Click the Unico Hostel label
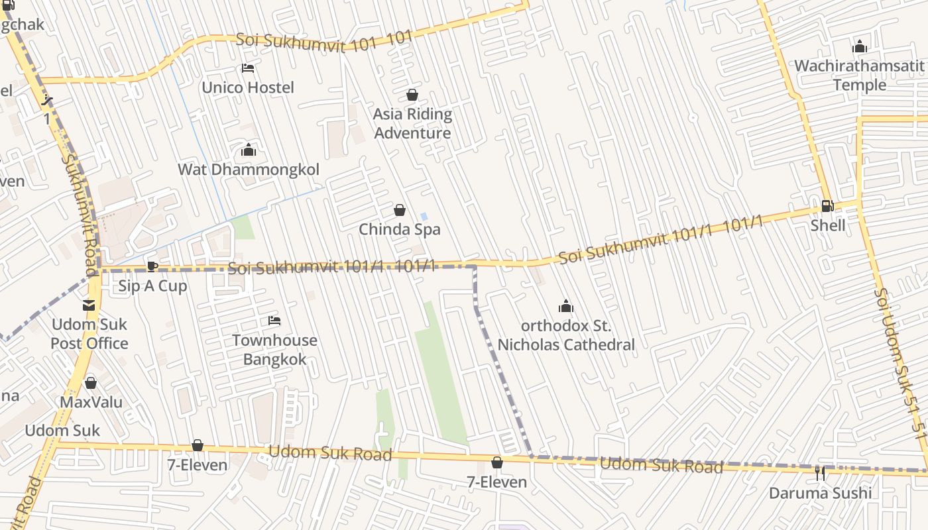[x=248, y=87]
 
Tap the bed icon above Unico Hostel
[x=248, y=68]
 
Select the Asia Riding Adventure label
[x=412, y=123]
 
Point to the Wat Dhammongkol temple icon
[x=249, y=150]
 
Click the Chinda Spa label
[x=400, y=229]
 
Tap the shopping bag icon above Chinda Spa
[x=400, y=211]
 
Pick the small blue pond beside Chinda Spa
[x=424, y=217]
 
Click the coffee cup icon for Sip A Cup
[x=152, y=267]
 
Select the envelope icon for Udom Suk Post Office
[x=89, y=305]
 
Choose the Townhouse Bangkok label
[x=274, y=350]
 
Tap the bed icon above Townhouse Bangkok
[x=274, y=321]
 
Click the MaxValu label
[x=91, y=402]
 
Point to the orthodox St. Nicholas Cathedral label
[x=566, y=335]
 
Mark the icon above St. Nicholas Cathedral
[x=565, y=306]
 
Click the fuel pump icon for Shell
[x=827, y=206]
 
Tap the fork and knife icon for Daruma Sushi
[x=820, y=474]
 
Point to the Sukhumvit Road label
[x=81, y=212]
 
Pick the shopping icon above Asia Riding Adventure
[x=412, y=95]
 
